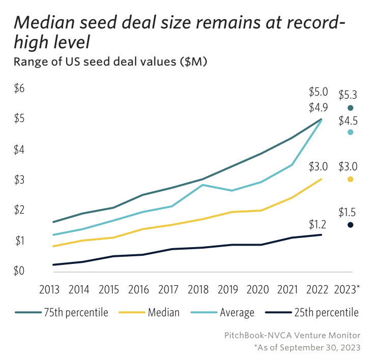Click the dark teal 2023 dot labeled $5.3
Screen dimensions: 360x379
point(350,108)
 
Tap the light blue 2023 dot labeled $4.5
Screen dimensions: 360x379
point(350,132)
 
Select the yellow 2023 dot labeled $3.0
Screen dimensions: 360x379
point(350,179)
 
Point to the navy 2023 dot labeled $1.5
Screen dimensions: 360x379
point(350,225)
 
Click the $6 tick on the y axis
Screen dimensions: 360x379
point(19,88)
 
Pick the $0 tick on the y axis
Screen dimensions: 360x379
point(19,271)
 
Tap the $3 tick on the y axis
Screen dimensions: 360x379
point(19,179)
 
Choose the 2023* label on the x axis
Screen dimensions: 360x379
point(348,289)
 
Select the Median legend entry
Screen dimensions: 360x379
point(163,312)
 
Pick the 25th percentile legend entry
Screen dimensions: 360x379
point(326,312)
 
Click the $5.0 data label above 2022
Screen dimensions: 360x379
point(318,93)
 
